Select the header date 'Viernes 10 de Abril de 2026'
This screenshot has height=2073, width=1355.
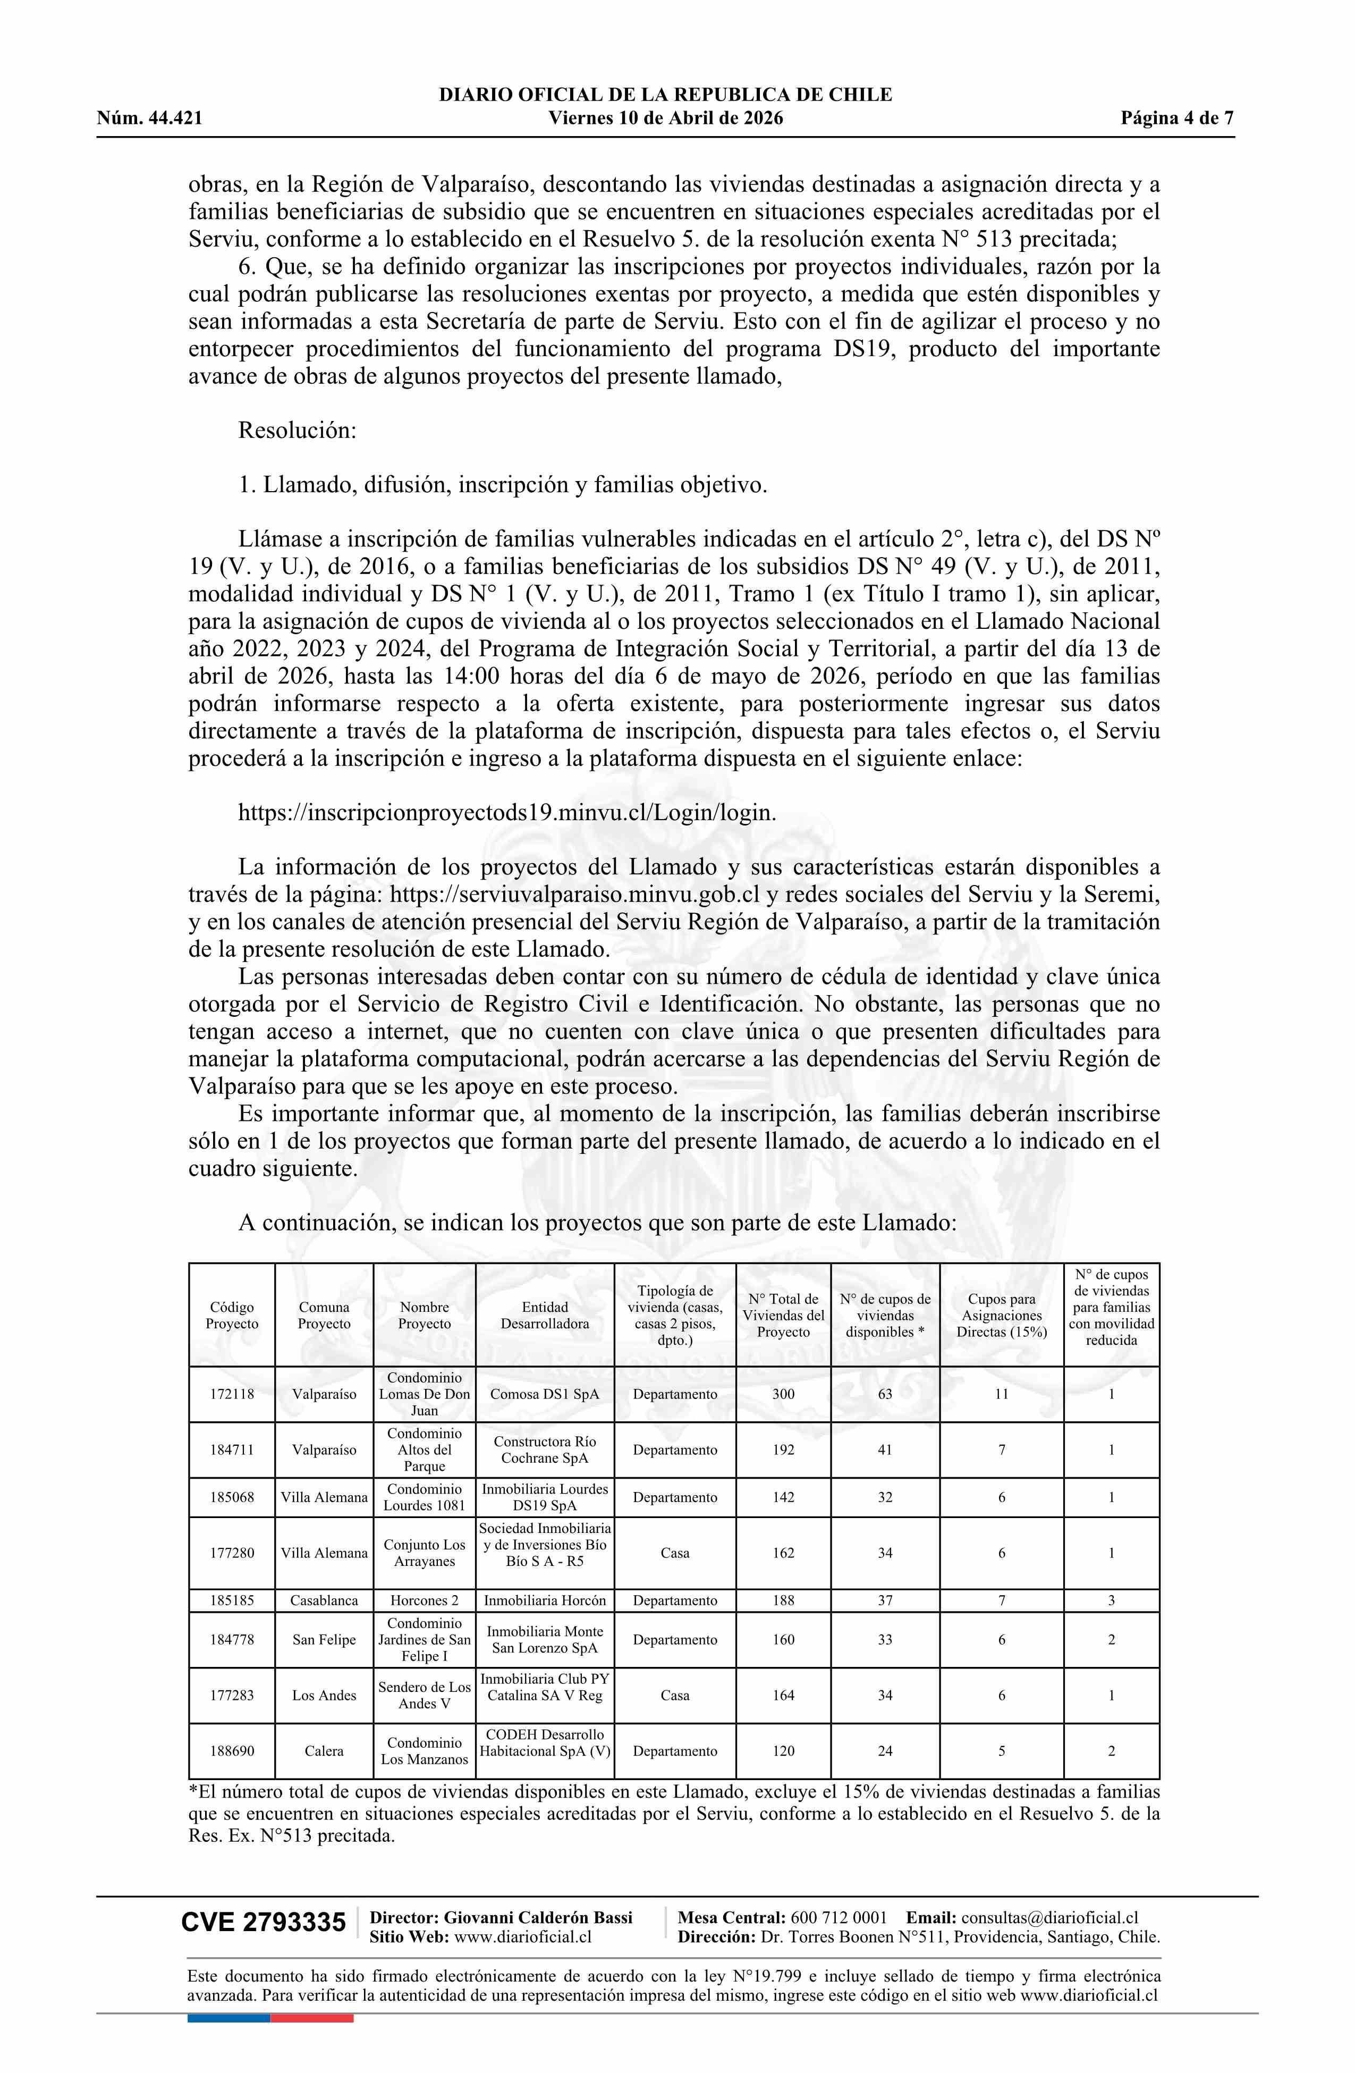coord(665,119)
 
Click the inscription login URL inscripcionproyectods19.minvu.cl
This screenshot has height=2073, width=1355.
coord(507,813)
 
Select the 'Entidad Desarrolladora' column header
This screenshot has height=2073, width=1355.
coord(544,1315)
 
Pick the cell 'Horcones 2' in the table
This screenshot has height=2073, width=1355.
coord(424,1600)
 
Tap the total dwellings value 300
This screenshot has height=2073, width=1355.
coord(783,1394)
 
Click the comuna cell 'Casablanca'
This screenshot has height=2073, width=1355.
coord(324,1600)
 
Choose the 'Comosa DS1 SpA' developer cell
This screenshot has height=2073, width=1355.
coord(544,1394)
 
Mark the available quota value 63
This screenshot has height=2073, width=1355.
coord(885,1394)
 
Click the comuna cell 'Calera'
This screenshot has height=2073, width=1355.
coord(324,1751)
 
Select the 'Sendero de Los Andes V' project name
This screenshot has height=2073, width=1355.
coord(424,1695)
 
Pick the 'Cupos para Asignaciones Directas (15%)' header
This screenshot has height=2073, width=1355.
coord(1002,1315)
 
